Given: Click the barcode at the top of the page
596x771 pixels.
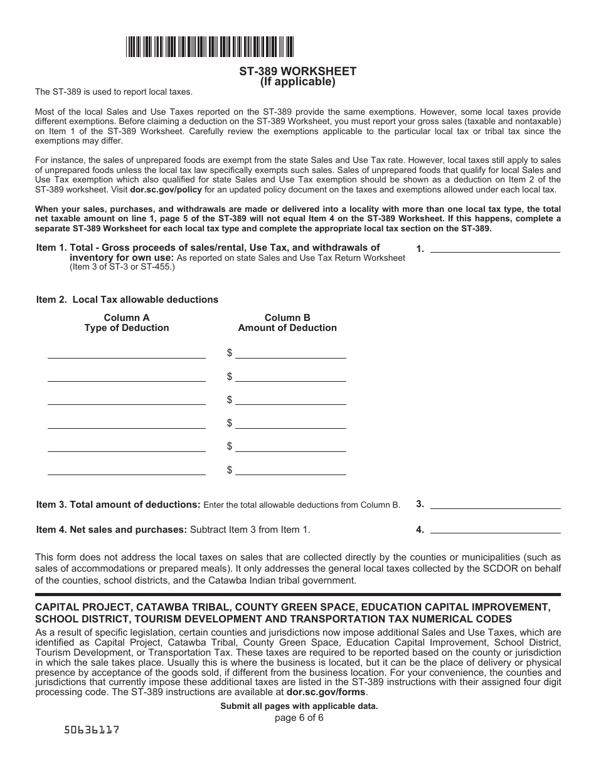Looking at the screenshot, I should [x=210, y=47].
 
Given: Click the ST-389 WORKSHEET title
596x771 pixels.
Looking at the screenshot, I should [x=298, y=71].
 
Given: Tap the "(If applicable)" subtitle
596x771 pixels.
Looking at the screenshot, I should [x=298, y=81].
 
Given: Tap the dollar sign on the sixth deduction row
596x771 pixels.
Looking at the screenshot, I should [x=230, y=469].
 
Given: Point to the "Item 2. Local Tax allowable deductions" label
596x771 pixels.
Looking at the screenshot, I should [x=127, y=300].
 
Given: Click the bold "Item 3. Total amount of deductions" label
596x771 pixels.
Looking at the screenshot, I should [x=119, y=505].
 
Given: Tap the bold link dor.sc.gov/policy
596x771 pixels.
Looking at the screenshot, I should [x=157, y=189].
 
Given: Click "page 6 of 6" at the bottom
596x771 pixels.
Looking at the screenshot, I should [x=299, y=718].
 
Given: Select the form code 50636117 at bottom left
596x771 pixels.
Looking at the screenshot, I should [x=92, y=730].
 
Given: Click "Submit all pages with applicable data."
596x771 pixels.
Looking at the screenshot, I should [x=299, y=706].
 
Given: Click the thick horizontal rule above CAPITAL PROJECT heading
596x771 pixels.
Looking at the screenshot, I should [x=298, y=594].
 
